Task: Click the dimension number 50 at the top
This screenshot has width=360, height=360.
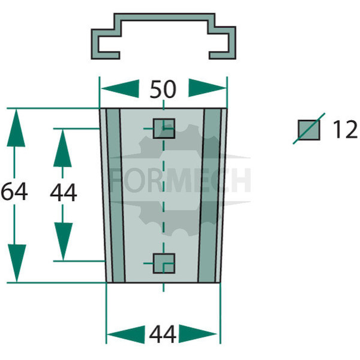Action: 163,89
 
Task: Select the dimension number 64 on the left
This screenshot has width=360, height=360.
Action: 14,191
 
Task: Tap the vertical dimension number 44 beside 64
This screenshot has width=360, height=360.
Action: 64,193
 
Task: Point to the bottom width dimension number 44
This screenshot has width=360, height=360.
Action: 163,334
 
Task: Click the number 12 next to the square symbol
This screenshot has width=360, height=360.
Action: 345,130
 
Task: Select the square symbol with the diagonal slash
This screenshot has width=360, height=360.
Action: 309,130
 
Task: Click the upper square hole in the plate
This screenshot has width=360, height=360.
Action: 164,128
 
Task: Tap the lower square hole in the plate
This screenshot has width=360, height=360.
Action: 164,263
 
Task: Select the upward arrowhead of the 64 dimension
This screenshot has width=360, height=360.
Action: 16,128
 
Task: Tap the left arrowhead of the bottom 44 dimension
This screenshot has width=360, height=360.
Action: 126,334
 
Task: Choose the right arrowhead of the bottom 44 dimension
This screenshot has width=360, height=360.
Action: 197,334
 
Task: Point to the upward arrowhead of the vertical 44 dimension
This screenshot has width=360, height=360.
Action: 62,148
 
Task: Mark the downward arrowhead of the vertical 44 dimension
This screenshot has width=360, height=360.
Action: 64,242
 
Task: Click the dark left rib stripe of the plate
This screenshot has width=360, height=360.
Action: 116,196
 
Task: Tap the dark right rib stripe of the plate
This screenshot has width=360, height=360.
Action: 209,196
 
